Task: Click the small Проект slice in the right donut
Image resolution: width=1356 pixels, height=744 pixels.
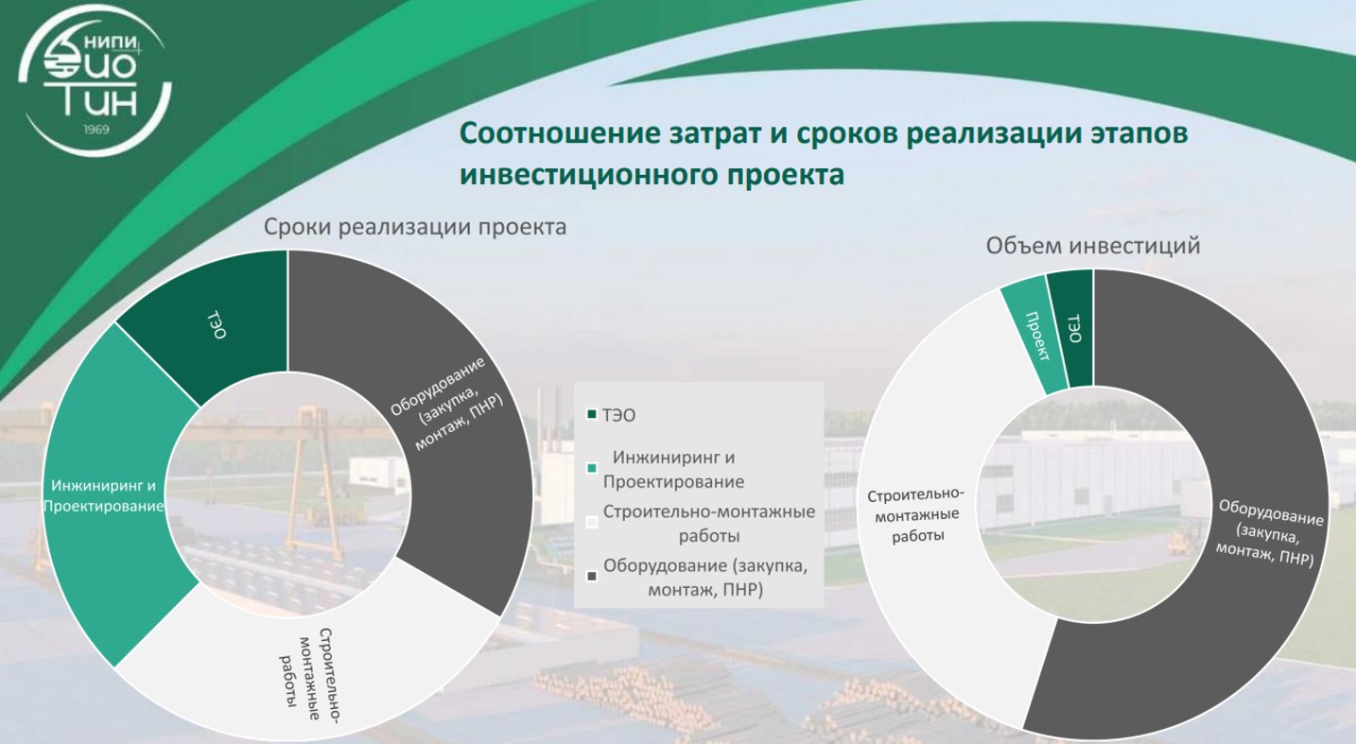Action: click(x=1037, y=337)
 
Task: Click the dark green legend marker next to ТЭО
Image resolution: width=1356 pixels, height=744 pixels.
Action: click(x=592, y=415)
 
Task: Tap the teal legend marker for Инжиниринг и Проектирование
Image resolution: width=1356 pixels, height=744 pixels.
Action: click(x=592, y=469)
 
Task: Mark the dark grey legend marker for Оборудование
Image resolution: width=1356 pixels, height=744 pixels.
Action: click(x=592, y=577)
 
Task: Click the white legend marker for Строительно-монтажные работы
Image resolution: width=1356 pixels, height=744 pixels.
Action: click(x=592, y=523)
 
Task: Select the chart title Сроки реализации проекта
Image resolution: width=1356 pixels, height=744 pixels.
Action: click(x=415, y=228)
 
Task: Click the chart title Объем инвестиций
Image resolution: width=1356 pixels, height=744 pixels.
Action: click(x=1093, y=246)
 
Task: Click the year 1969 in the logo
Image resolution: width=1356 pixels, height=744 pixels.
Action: click(x=96, y=130)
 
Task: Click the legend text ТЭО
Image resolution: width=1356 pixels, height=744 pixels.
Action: click(x=618, y=415)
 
